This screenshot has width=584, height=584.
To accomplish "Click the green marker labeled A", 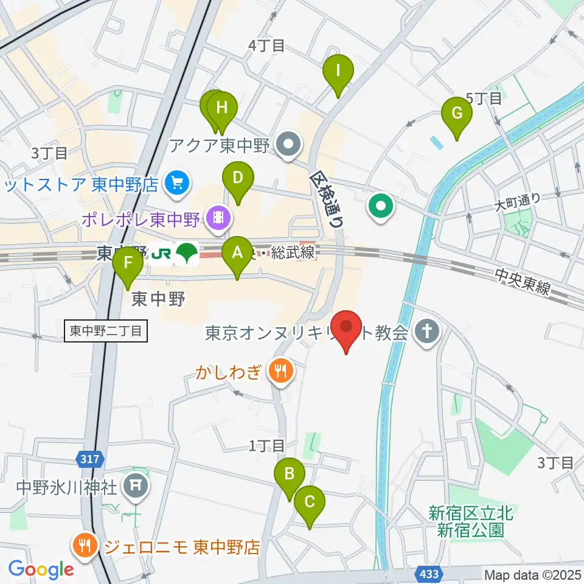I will (238, 252).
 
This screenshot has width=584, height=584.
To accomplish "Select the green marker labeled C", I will (310, 502).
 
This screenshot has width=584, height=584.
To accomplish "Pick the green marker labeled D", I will (238, 179).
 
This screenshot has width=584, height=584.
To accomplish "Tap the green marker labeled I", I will (338, 71).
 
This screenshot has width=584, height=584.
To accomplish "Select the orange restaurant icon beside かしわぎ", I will (280, 371).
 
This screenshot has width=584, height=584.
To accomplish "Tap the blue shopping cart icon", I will (176, 183).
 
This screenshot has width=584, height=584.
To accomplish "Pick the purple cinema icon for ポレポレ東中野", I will (217, 217).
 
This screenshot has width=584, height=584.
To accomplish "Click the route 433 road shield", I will (427, 573).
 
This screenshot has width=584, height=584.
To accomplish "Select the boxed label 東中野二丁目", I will (105, 331).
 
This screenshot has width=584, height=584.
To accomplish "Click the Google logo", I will (41, 569).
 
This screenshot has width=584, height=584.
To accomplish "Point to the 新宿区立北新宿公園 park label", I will (470, 521).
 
